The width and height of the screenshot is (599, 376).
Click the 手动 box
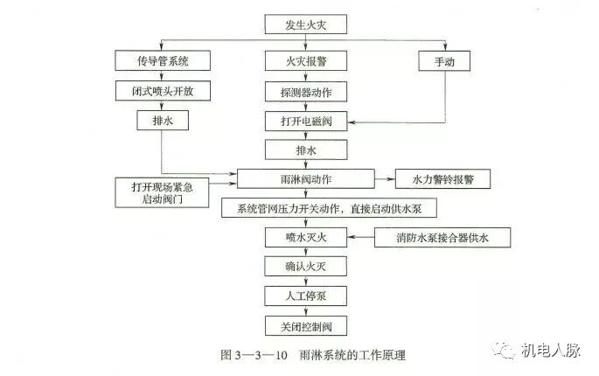[444, 61]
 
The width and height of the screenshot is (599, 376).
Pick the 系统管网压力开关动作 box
[328, 208]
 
